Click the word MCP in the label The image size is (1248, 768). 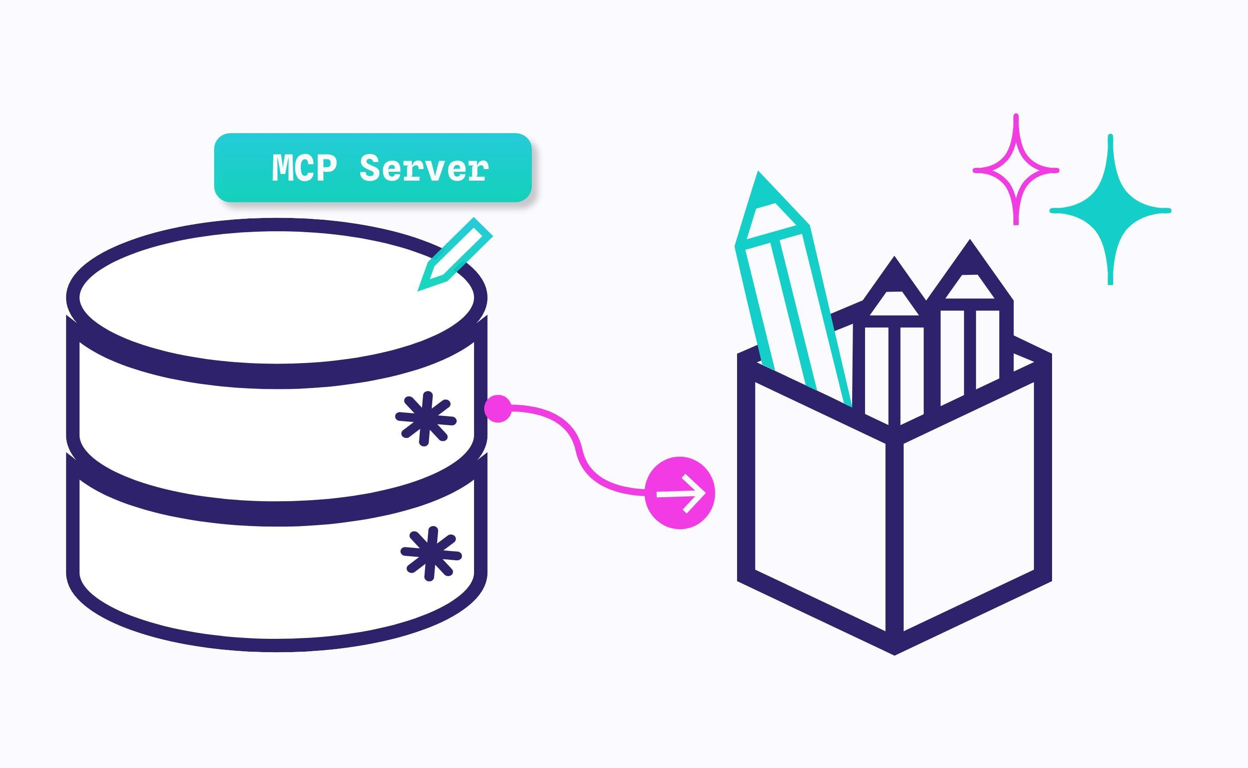click(304, 168)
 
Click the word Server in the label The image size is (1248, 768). click(424, 168)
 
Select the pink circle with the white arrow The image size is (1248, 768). click(680, 493)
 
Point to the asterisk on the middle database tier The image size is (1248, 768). click(426, 419)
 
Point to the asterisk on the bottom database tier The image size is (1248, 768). click(431, 554)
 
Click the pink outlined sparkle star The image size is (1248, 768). click(1016, 170)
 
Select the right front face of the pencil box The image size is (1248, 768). click(969, 508)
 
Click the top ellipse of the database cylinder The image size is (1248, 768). click(277, 297)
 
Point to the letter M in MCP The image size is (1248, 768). click(283, 168)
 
